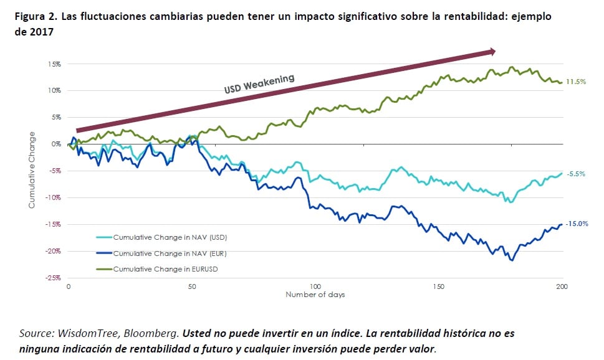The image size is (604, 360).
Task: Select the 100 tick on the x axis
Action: click(315, 287)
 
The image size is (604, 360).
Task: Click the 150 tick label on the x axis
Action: click(438, 287)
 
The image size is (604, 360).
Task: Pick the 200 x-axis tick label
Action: click(562, 287)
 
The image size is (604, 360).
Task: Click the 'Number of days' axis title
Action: click(315, 295)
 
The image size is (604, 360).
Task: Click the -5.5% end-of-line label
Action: click(577, 174)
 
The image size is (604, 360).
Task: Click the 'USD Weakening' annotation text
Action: click(259, 83)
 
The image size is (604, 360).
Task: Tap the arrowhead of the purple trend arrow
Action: click(492, 52)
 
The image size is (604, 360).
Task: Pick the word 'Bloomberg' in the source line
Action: click(148, 333)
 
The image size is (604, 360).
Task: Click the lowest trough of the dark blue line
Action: click(512, 260)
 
